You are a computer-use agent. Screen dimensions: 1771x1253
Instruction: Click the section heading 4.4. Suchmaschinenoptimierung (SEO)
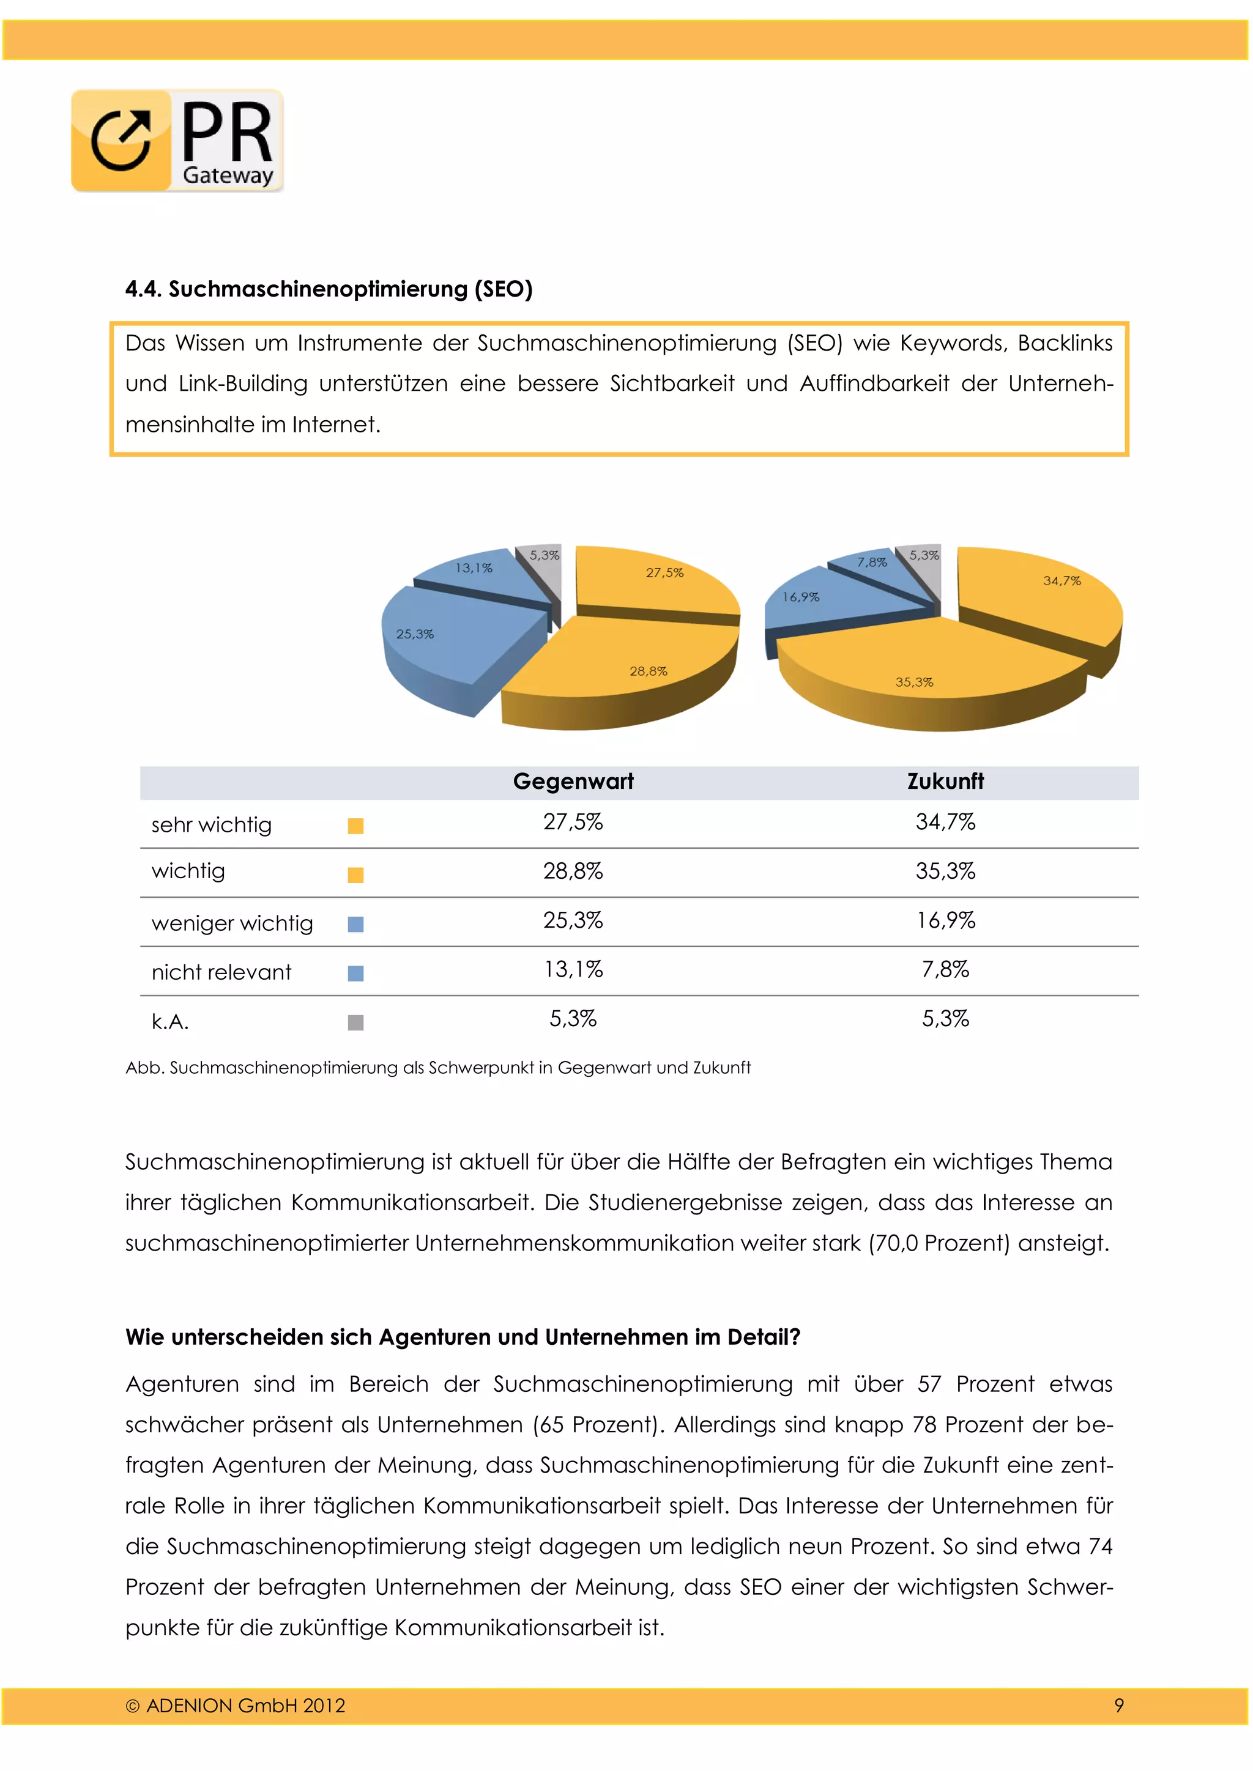[329, 289]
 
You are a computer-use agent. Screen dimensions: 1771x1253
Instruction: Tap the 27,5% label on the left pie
[664, 572]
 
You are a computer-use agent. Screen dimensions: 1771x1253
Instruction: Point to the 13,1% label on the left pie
[473, 568]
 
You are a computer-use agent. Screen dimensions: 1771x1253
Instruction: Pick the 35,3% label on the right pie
[913, 682]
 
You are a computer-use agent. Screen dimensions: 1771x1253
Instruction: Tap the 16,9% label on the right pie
[801, 596]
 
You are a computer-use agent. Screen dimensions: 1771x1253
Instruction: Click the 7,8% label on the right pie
[872, 563]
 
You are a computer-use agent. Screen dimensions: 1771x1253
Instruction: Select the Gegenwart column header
[573, 782]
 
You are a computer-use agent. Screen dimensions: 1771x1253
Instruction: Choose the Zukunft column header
[945, 782]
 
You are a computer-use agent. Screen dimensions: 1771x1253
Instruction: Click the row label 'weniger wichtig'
[232, 923]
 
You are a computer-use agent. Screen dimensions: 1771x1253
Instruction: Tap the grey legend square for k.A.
[355, 1023]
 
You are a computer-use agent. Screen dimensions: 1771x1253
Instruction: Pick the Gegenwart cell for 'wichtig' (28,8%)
[573, 871]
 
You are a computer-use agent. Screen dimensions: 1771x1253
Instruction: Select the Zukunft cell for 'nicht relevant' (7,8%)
[945, 969]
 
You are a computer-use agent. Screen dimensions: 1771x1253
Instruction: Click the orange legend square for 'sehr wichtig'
[355, 826]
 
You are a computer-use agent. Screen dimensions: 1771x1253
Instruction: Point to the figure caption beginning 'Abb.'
[437, 1068]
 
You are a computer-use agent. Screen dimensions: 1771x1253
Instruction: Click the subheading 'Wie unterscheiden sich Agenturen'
[463, 1337]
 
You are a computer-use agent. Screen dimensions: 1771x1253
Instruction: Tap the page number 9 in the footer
[1119, 1706]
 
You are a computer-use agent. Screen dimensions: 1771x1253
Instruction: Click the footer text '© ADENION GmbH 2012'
[236, 1706]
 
